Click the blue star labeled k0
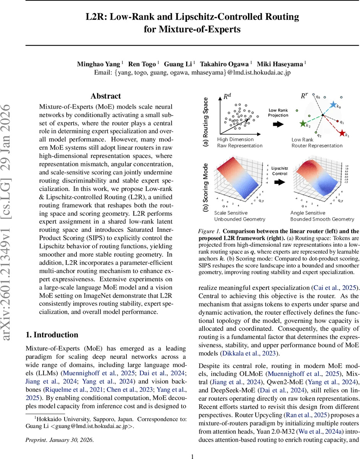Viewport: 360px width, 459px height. click(x=333, y=104)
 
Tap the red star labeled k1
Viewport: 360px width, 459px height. click(x=341, y=133)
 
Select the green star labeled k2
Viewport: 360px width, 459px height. click(x=303, y=124)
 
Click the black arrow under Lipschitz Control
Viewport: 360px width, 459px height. click(x=281, y=183)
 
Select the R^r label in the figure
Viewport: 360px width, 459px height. click(x=305, y=96)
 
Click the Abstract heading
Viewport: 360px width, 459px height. click(x=106, y=96)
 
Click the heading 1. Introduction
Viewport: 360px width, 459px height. click(x=52, y=335)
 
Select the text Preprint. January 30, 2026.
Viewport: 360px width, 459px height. click(x=59, y=439)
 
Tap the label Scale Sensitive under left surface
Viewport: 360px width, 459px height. click(x=231, y=213)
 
